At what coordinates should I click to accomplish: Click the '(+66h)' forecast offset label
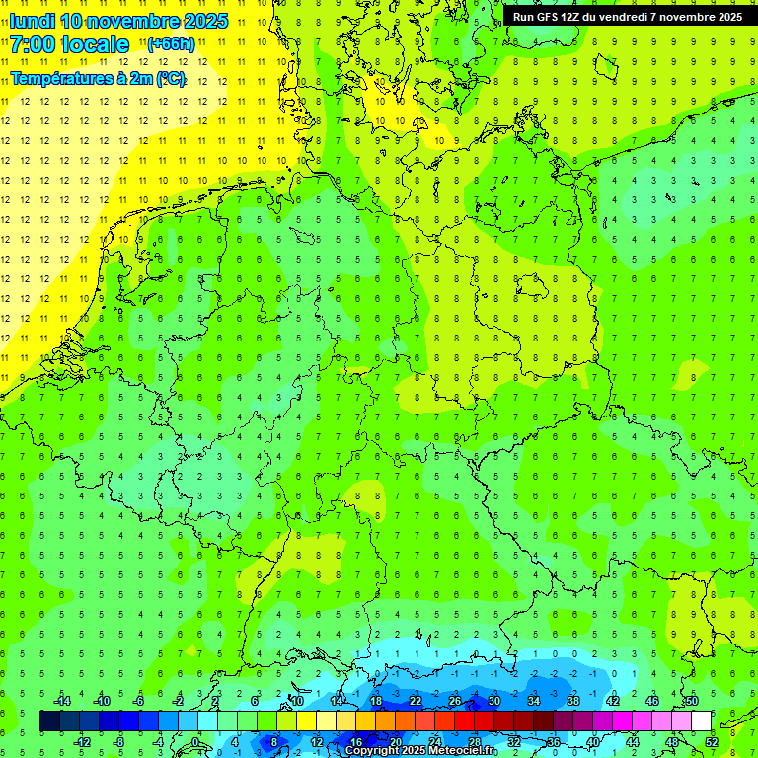point(171,44)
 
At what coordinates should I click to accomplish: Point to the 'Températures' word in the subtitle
point(55,79)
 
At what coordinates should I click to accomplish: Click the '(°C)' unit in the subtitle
point(170,79)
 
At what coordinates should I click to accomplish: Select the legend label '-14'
point(62,700)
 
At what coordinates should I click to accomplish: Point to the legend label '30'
point(493,700)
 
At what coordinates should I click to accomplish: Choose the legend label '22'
point(415,700)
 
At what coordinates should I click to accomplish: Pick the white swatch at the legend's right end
point(701,721)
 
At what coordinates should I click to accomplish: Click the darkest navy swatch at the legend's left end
point(49,721)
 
